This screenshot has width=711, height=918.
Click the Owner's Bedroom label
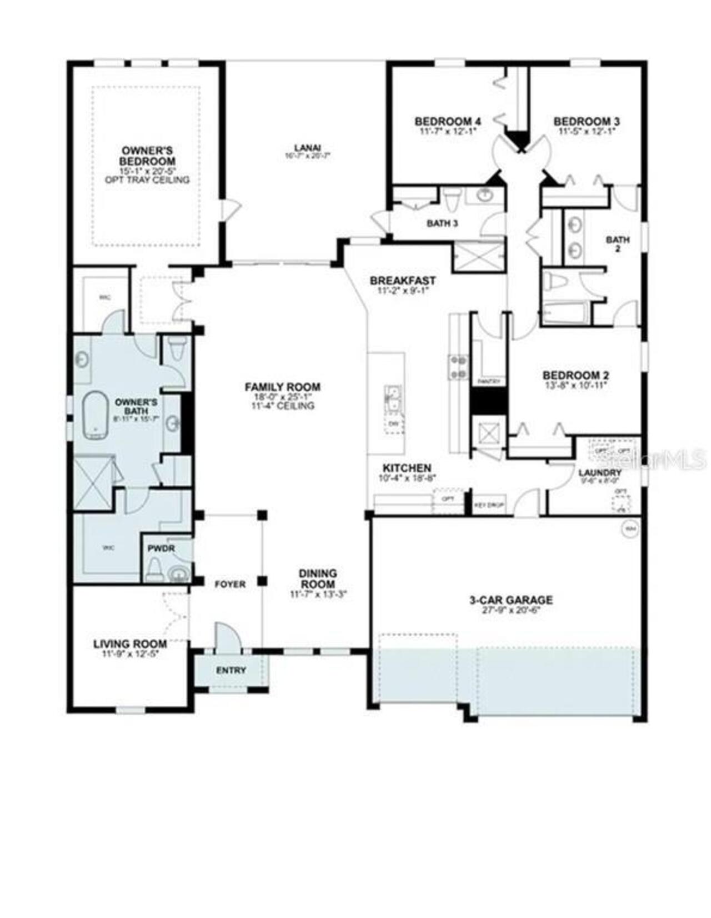[x=147, y=156]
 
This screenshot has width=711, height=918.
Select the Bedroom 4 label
[x=448, y=121]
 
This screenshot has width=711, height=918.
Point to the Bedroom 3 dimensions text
[x=587, y=131]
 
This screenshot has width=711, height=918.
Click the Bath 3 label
[x=442, y=223]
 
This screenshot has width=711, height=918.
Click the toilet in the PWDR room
[x=154, y=570]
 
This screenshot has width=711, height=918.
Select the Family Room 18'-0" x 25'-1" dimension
[x=283, y=397]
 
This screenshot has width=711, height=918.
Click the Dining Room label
[x=318, y=578]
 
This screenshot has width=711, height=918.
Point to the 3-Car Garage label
[x=511, y=600]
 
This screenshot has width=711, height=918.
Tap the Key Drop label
[x=489, y=506]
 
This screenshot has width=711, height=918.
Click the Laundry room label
[x=599, y=473]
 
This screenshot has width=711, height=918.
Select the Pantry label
[x=489, y=382]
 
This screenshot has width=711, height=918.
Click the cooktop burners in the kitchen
[x=459, y=367]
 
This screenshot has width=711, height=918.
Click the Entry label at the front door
[x=231, y=670]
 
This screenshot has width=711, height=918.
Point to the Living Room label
[x=130, y=643]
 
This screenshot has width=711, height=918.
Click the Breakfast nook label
[x=403, y=281]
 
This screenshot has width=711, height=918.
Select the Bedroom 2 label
[x=575, y=375]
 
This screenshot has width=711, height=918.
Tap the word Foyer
[x=230, y=584]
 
